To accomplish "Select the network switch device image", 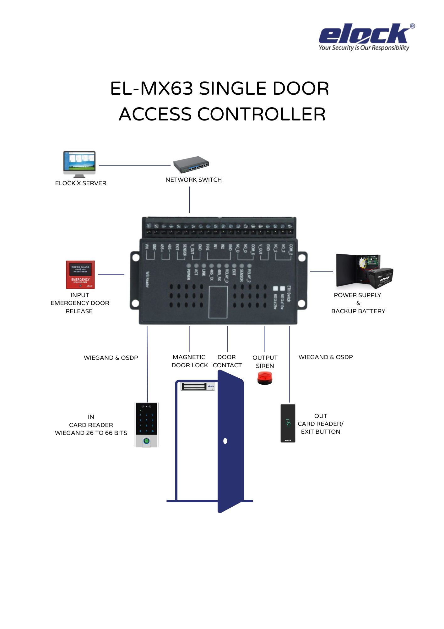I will coord(191,164).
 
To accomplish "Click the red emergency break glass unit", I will coord(80,275).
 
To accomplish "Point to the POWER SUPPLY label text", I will coord(357,295).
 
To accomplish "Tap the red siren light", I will coord(265,378).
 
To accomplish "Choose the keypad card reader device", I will coord(146,425).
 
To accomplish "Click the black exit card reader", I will coord(288,423).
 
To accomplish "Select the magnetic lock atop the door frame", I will coord(198,386).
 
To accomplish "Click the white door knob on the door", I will coord(225,441).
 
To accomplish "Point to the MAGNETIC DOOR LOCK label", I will coord(189,361).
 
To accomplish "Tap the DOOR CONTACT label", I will coord(227,361).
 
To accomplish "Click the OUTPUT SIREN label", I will coord(265,362).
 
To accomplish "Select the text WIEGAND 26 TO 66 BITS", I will coord(91,433).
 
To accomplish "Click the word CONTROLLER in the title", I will coord(261,114).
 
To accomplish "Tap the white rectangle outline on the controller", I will coord(218,302).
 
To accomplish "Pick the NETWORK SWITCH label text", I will coord(193,180).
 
